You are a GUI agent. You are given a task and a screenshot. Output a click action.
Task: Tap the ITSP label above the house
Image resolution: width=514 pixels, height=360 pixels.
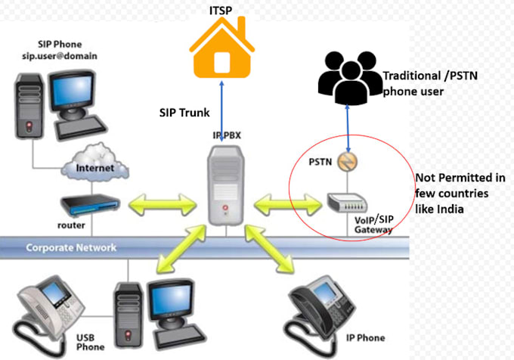point(221,10)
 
